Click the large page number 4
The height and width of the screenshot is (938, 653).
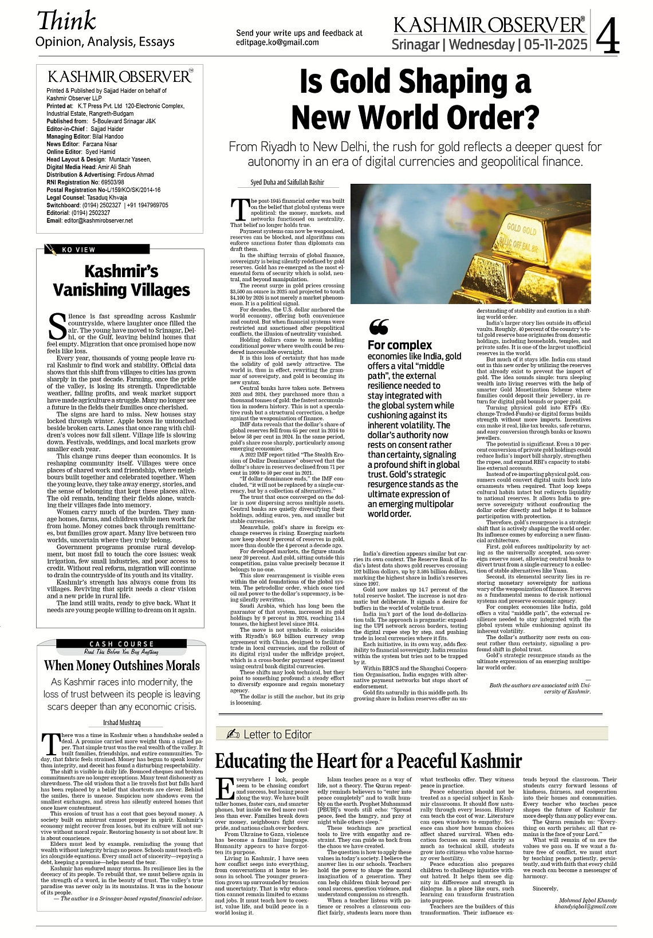pos(608,36)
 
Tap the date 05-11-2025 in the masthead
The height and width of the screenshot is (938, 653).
pos(553,45)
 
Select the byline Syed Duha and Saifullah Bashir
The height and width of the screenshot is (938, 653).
pos(287,183)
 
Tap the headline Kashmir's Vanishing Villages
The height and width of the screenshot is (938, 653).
pos(121,280)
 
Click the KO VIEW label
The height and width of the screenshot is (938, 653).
pos(79,250)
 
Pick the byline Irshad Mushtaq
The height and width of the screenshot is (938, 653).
pos(121,723)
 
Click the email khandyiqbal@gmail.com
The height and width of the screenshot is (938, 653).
pos(577,907)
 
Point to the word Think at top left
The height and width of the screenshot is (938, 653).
pos(66,21)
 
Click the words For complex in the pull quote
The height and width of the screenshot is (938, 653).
pos(400,345)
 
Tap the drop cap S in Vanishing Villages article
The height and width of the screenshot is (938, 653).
pos(57,327)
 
